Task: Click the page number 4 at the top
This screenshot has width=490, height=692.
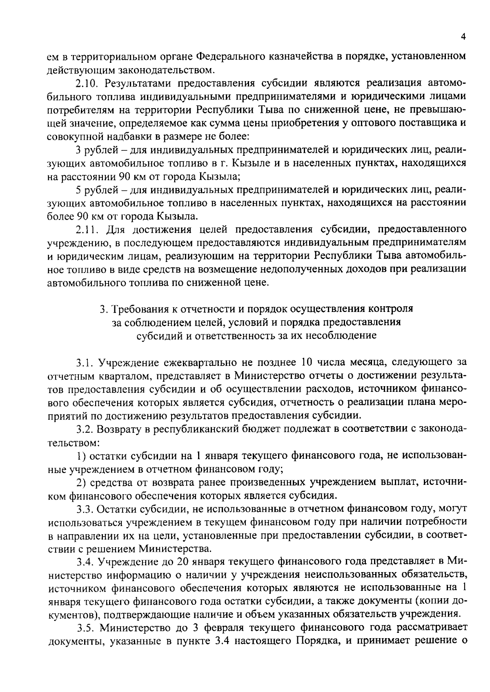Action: click(x=463, y=37)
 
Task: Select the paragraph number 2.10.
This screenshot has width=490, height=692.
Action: click(x=88, y=83)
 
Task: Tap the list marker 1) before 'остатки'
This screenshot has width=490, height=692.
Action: click(x=81, y=455)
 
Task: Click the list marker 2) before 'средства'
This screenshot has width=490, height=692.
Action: click(x=81, y=482)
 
